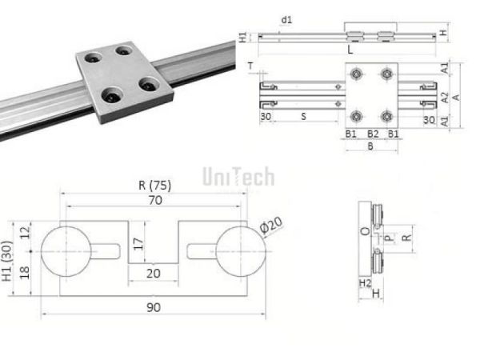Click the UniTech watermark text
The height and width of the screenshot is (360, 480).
(238, 176)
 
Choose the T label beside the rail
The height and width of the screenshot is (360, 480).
(250, 66)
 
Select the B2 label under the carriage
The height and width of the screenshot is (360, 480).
(373, 134)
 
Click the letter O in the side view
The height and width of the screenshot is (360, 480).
(364, 232)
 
